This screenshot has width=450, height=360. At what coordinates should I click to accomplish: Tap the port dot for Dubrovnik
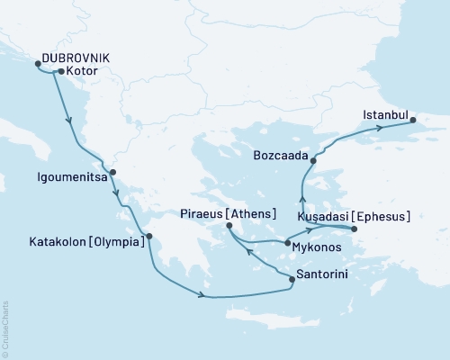coord(38,64)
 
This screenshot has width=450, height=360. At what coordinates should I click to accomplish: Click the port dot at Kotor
coord(60,71)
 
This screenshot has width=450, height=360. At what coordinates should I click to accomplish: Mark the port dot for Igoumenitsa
coord(112,171)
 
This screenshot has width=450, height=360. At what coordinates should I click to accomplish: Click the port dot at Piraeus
coord(228,225)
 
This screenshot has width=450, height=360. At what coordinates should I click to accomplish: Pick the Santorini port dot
coord(292,280)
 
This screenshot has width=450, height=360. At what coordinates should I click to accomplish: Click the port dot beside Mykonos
coord(287,243)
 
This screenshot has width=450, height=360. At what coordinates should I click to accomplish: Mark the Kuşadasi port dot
coord(354,229)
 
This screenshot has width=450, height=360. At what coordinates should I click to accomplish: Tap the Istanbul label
coord(386,115)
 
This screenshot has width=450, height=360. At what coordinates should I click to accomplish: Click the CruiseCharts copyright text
coord(6,328)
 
